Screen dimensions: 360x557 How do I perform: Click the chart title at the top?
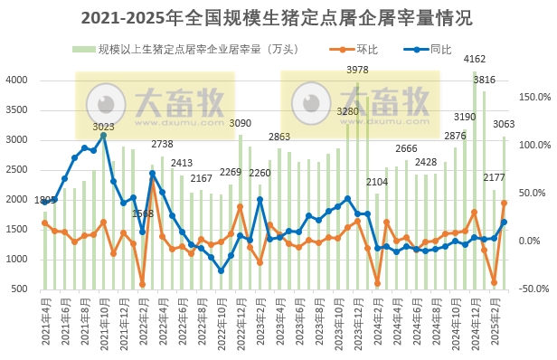coord(278,17)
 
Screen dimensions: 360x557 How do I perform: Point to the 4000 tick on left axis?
coord(16,81)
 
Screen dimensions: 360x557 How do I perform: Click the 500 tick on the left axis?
coord(20,289)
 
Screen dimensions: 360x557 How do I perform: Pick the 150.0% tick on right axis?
coord(530,97)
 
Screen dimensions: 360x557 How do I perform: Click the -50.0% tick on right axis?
coord(530,289)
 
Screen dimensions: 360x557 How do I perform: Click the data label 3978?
coord(357,70)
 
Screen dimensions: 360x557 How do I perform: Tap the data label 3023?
coord(103,128)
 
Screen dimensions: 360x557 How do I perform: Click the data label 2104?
coord(377,182)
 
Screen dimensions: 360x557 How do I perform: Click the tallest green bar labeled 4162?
coord(475,181)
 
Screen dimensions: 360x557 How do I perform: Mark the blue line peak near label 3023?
coord(103,136)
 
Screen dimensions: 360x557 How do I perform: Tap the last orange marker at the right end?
coord(504,204)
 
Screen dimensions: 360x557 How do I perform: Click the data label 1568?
coord(143,213)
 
